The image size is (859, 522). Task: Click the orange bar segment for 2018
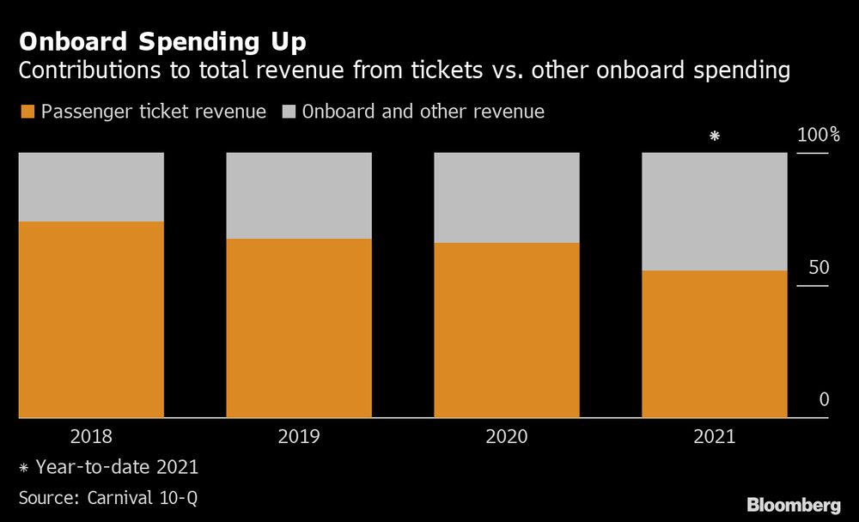coord(91,319)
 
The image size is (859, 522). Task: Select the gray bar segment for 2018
coord(91,187)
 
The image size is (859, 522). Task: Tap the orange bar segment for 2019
coord(299,328)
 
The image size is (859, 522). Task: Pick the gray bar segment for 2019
coord(299,196)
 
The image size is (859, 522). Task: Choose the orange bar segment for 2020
coord(507,331)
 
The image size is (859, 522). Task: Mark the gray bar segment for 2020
coord(507,197)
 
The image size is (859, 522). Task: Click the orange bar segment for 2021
coord(715,344)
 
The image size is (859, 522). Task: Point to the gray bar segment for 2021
coord(715,211)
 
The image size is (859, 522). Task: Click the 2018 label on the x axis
coord(91,437)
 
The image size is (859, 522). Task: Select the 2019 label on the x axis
coord(299,437)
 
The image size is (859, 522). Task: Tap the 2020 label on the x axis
coord(507,437)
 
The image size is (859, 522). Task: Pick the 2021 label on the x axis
coord(715,437)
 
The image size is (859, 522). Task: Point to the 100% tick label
coord(819,136)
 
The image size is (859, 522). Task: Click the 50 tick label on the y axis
coord(819,268)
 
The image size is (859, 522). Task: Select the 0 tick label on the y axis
coord(824,399)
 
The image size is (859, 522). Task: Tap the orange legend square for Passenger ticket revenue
coord(27,112)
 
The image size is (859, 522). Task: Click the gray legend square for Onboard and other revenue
coord(288,112)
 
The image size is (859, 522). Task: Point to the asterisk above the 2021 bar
coord(714,136)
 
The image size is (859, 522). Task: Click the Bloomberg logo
coord(795,504)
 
